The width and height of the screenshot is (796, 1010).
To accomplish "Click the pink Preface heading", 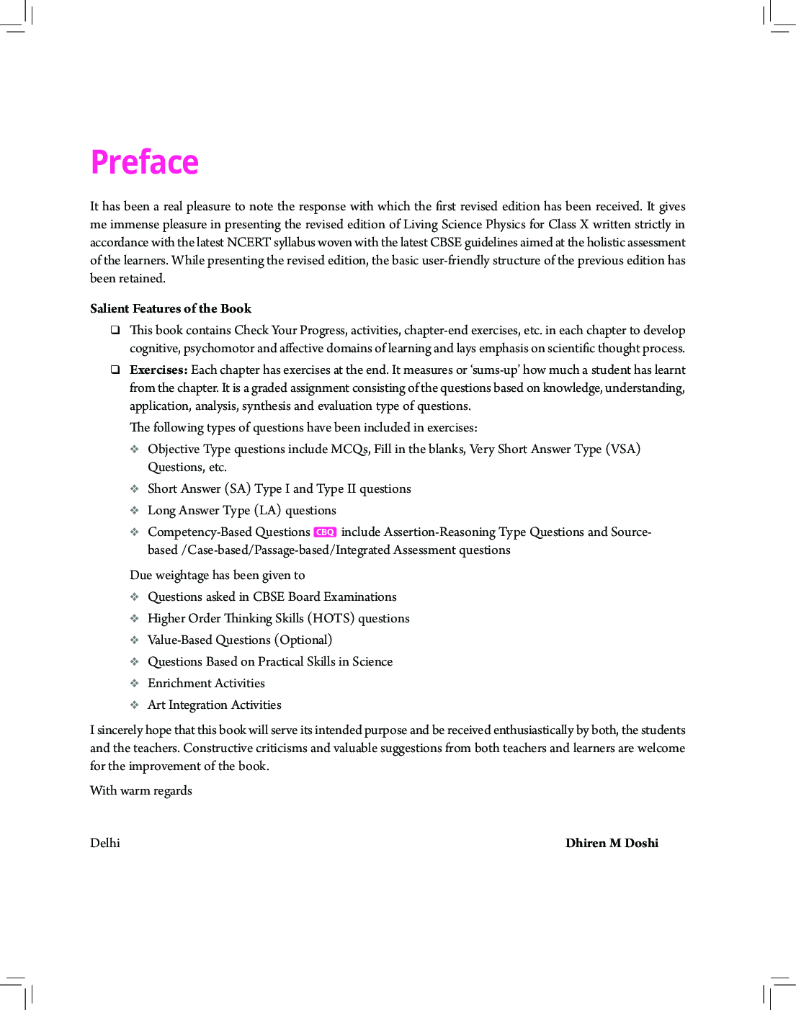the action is coord(144,162).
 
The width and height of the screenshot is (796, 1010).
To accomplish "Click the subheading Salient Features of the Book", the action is coord(171,308).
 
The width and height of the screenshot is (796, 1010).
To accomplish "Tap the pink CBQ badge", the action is coord(325,532).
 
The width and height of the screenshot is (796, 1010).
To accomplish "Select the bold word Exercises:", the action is coord(158,370).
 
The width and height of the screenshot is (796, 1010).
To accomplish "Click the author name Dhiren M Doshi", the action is coord(612,843).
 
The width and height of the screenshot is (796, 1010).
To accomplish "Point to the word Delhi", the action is coord(105,843).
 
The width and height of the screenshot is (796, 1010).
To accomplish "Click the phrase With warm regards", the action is coord(141,790).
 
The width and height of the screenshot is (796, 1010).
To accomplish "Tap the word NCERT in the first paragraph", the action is coord(249,242).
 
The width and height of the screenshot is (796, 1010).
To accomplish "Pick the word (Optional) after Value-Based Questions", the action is coord(303,640).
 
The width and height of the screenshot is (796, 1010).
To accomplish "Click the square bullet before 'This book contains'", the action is coord(115,330).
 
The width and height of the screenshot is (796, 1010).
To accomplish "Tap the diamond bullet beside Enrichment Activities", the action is coord(135,683).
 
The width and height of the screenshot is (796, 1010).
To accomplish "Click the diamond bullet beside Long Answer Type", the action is coord(135,510).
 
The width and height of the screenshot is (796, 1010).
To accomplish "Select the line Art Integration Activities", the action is coord(214,705).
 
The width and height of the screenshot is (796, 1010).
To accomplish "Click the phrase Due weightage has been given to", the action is coord(217,575).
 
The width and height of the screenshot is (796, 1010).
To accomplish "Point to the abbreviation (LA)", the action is coord(267,510).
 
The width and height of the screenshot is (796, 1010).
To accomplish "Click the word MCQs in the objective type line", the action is coord(350,449).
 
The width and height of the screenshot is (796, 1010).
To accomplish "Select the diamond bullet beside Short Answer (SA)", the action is coord(135,488).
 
